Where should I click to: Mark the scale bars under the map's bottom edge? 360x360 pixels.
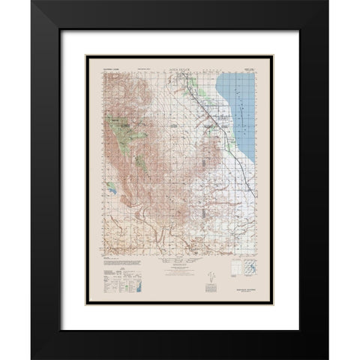179,265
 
